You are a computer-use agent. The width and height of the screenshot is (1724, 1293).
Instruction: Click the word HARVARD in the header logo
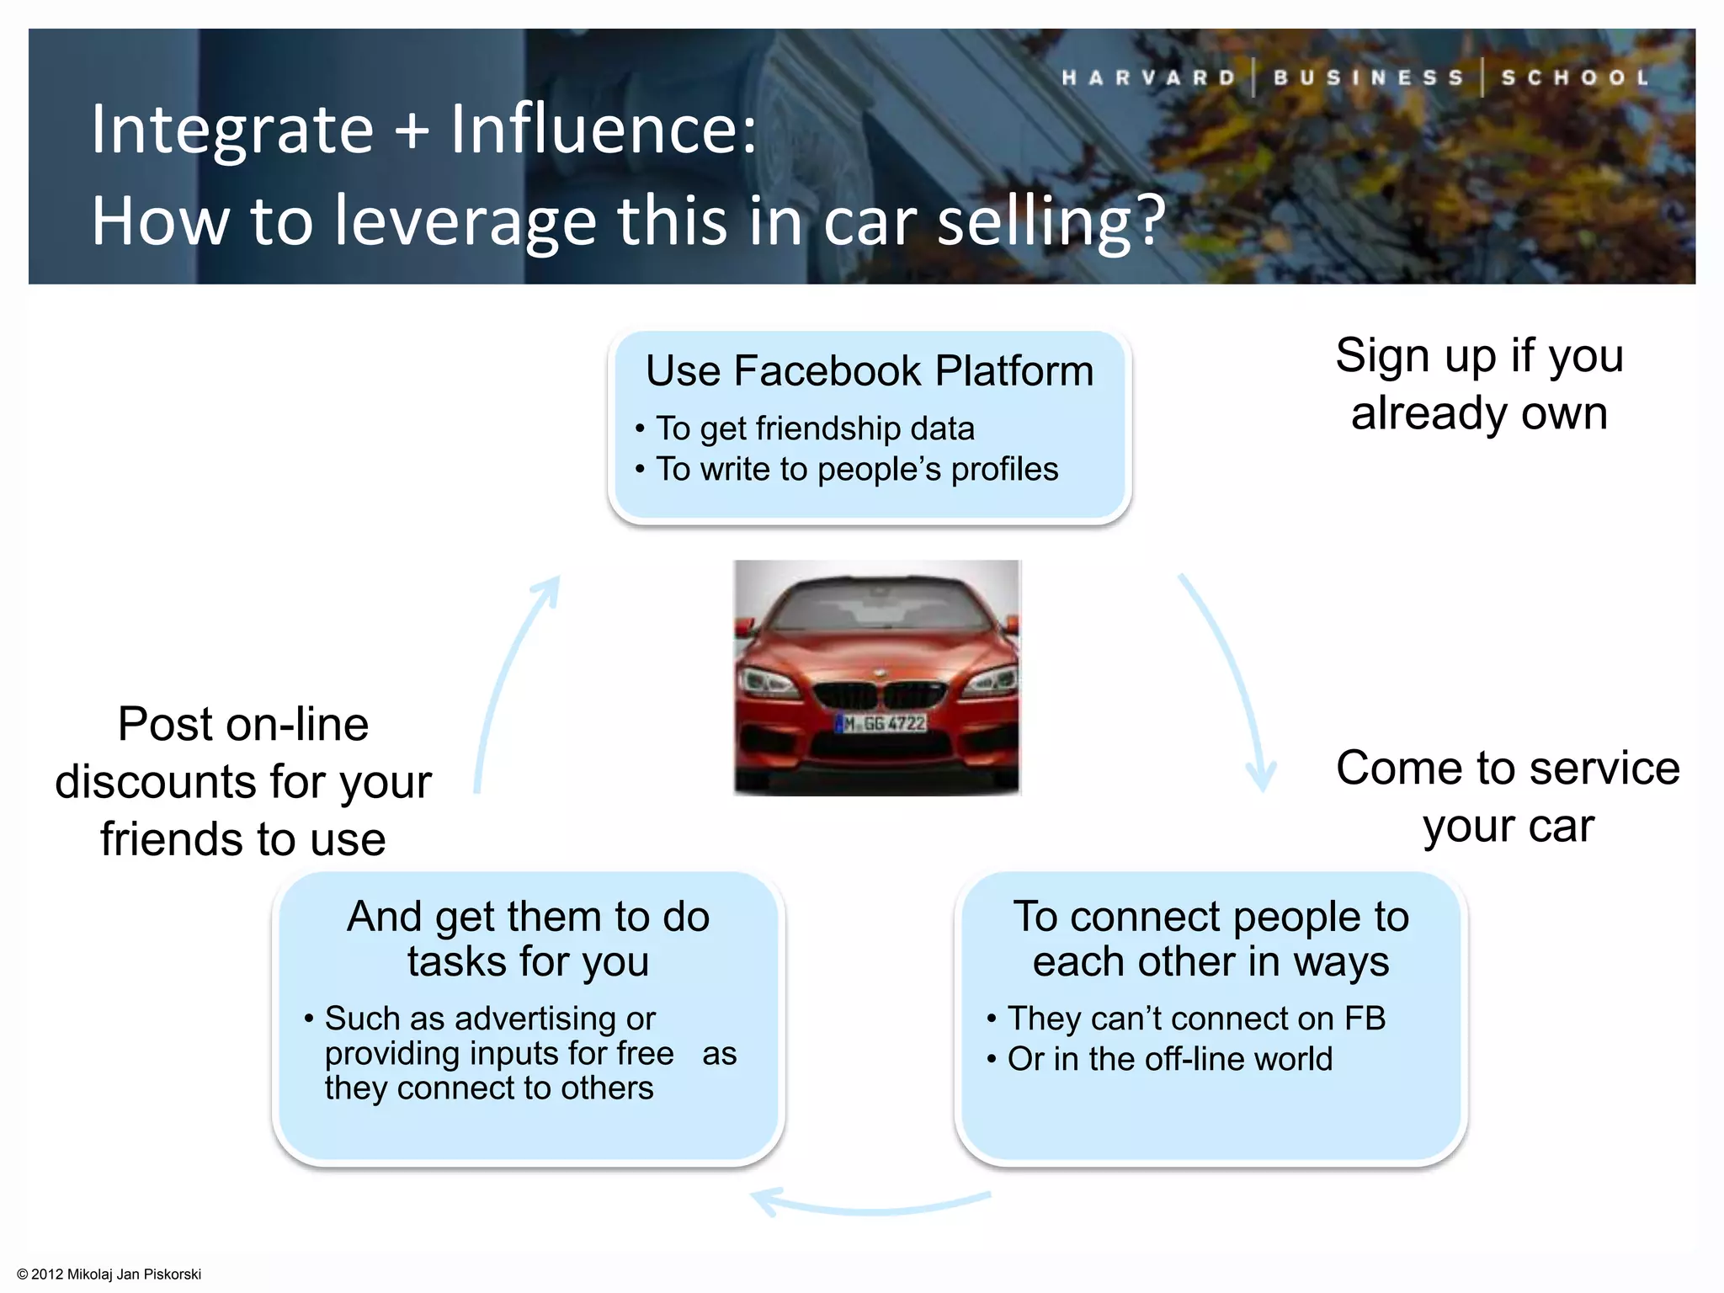point(1149,77)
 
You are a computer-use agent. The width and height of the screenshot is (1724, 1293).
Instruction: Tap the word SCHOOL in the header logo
point(1576,77)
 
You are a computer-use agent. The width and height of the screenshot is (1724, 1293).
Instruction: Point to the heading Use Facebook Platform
point(870,371)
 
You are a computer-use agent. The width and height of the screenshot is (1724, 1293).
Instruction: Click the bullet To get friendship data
point(814,428)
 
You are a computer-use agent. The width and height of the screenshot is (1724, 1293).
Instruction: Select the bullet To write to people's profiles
point(856,469)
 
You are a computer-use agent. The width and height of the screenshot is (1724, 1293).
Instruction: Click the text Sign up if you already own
point(1479,384)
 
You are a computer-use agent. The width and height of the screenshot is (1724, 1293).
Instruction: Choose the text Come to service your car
point(1508,796)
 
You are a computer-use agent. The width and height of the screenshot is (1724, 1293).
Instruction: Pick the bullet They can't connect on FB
point(1195,1019)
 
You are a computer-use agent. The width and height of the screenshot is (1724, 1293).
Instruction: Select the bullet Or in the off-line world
point(1170,1059)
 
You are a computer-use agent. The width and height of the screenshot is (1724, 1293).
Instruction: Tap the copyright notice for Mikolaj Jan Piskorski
point(109,1274)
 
